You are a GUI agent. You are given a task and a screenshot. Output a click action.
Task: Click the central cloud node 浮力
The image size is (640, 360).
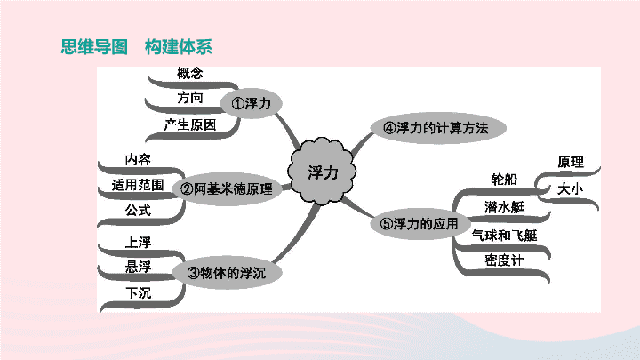tap(322, 171)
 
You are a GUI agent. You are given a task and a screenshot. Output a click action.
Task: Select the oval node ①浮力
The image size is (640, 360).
tap(251, 103)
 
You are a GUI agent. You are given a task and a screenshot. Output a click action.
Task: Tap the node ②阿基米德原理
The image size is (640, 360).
tap(227, 188)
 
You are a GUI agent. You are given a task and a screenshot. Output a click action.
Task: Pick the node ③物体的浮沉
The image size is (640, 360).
tap(227, 273)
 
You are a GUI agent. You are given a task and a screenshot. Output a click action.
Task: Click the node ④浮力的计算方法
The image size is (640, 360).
tap(438, 128)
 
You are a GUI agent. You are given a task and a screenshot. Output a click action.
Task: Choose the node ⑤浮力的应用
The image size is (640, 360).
tap(420, 224)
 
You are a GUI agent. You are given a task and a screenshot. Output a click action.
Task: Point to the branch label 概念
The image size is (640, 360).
tap(190, 73)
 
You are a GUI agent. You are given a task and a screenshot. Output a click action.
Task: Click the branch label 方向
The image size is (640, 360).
tap(190, 98)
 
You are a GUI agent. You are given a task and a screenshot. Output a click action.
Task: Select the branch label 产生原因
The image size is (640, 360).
tap(190, 124)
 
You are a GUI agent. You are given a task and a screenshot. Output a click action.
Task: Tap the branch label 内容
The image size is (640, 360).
tap(138, 159)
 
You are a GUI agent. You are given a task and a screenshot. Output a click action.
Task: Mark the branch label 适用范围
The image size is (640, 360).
tap(138, 185)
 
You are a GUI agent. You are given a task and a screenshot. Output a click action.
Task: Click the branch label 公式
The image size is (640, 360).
tap(138, 210)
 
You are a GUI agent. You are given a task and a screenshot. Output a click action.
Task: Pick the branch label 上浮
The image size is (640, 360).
tap(138, 243)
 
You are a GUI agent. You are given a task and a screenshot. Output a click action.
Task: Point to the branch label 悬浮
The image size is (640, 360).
tap(138, 267)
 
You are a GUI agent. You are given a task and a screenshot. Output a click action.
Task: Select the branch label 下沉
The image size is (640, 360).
tap(138, 292)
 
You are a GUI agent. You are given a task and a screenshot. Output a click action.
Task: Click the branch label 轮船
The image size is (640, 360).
tap(504, 180)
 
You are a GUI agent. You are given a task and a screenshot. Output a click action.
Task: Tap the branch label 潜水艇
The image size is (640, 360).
tap(504, 207)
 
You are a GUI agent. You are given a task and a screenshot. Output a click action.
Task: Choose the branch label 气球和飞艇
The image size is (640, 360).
tap(505, 235)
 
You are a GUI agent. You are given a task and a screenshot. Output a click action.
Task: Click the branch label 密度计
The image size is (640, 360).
tap(504, 260)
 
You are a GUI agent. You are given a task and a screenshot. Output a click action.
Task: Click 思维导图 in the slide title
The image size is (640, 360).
tap(94, 46)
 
